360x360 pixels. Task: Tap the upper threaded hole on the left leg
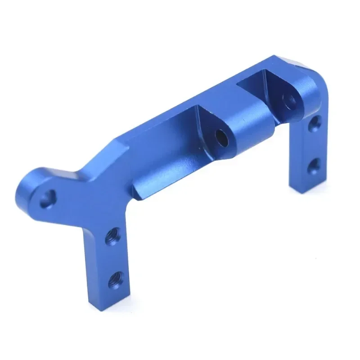coord(112,237)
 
